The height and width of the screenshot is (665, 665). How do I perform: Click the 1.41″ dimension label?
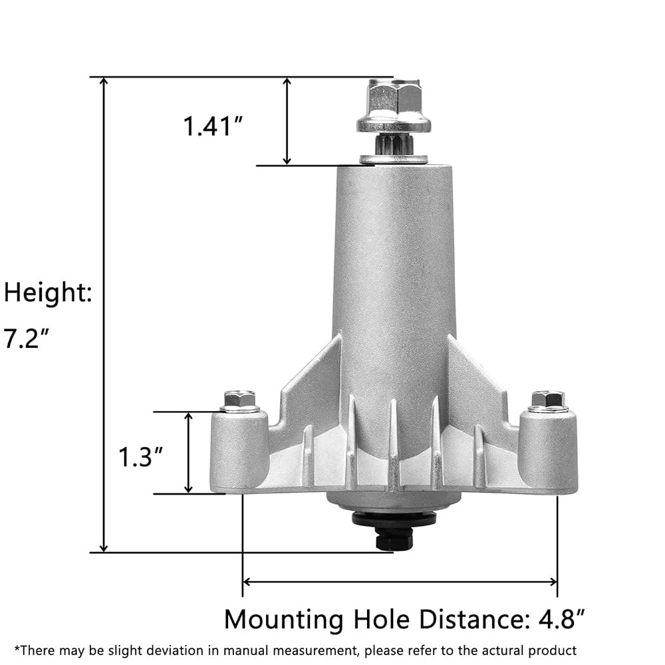click(213, 126)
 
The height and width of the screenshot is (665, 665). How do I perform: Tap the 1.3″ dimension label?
click(140, 457)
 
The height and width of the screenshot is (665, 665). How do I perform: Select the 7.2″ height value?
click(27, 338)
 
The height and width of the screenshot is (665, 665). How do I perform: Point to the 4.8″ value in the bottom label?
click(562, 618)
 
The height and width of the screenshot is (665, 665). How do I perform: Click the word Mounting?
click(284, 620)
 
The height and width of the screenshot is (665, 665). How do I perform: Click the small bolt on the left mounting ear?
click(239, 401)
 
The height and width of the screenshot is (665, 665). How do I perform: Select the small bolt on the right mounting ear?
click(548, 401)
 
